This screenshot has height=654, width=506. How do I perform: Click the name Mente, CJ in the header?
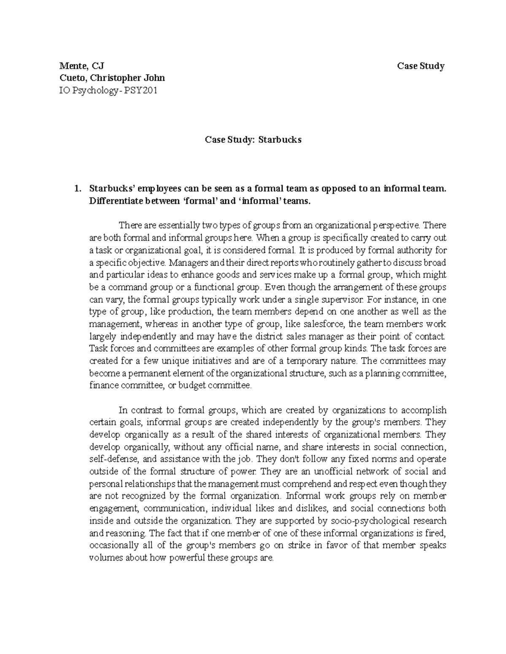[81, 66]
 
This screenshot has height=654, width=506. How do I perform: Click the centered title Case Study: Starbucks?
[253, 139]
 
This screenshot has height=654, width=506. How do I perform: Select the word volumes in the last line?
[105, 558]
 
